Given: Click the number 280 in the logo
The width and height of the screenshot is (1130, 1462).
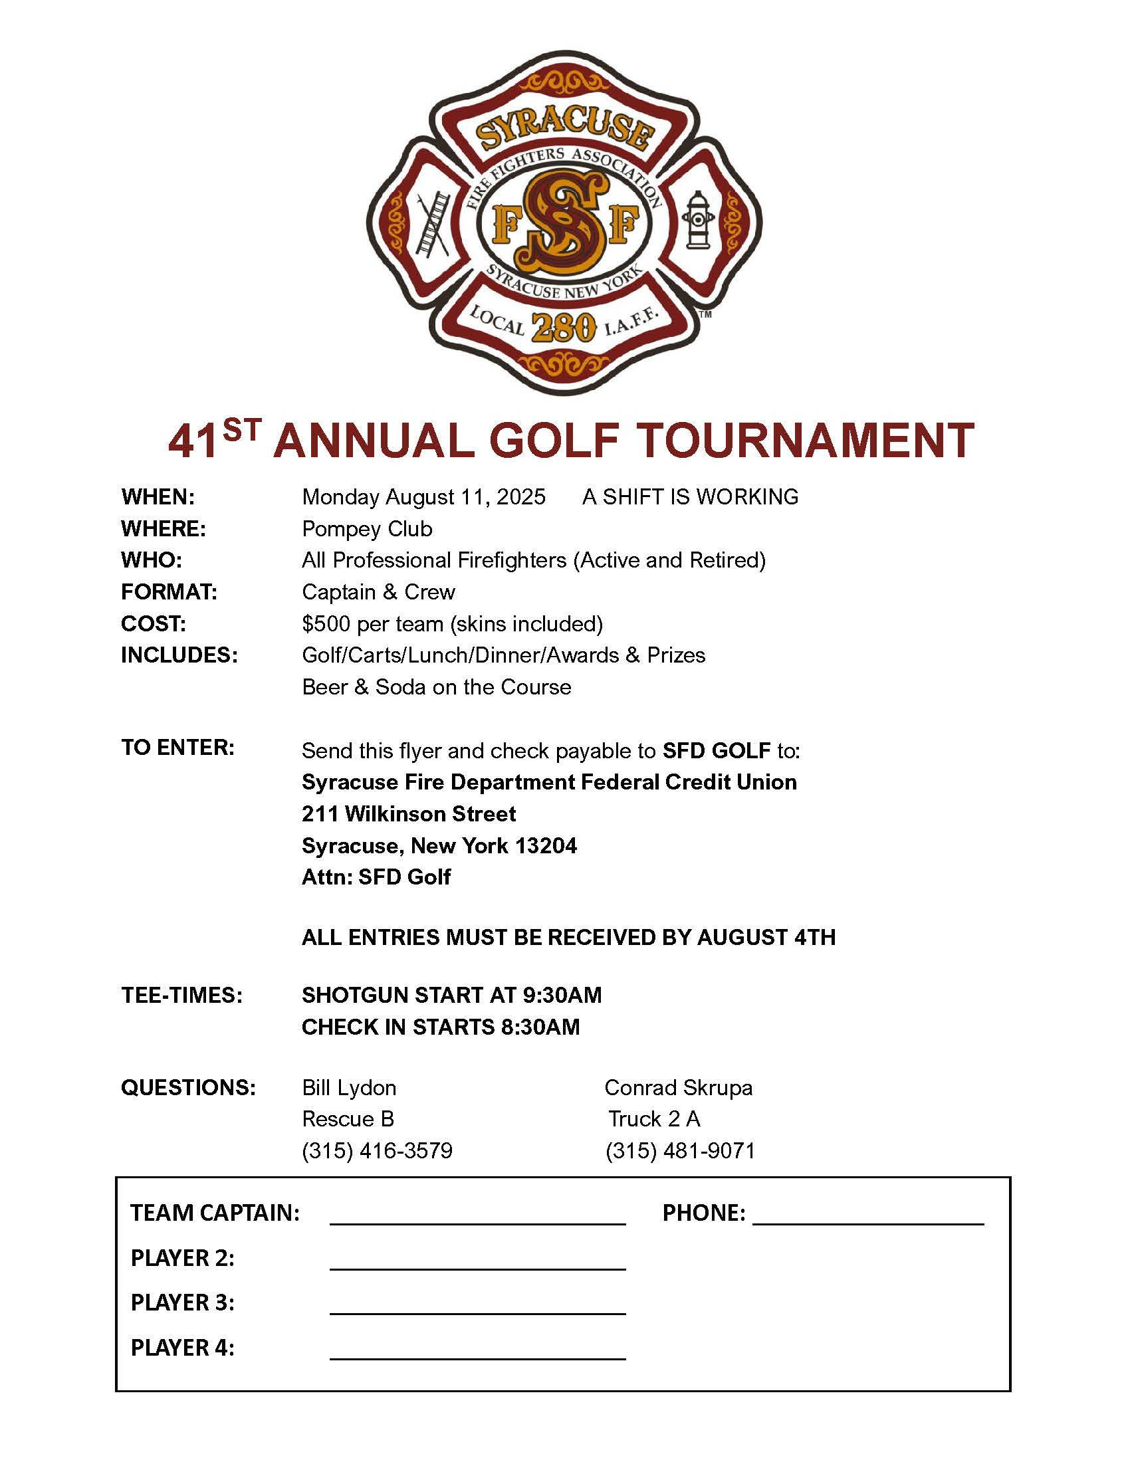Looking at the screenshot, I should (564, 328).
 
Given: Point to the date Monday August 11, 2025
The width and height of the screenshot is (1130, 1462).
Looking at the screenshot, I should (424, 496).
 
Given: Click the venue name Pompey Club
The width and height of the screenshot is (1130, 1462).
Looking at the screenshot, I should (367, 529).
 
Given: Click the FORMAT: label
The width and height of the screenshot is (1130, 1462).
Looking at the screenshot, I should (169, 591).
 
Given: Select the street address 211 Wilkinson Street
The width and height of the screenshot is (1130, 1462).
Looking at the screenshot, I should (408, 814).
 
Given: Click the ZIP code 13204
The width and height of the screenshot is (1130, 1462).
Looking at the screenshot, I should (546, 846).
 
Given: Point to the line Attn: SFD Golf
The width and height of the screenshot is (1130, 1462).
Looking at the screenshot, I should (376, 877).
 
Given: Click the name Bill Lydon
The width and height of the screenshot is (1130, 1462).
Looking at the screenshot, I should (349, 1088).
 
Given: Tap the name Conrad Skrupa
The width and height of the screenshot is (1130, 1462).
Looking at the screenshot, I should (678, 1088).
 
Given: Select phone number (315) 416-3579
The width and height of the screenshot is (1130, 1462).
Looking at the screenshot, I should (377, 1151).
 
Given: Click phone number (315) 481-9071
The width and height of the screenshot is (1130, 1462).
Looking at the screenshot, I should (680, 1151).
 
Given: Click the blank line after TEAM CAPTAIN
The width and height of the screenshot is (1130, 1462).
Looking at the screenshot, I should (477, 1222).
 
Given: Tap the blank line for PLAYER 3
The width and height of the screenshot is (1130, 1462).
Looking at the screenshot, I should (477, 1312).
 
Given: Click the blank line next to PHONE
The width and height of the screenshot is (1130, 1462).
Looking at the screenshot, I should (867, 1222).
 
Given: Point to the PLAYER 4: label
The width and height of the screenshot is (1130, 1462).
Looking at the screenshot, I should (182, 1348).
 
